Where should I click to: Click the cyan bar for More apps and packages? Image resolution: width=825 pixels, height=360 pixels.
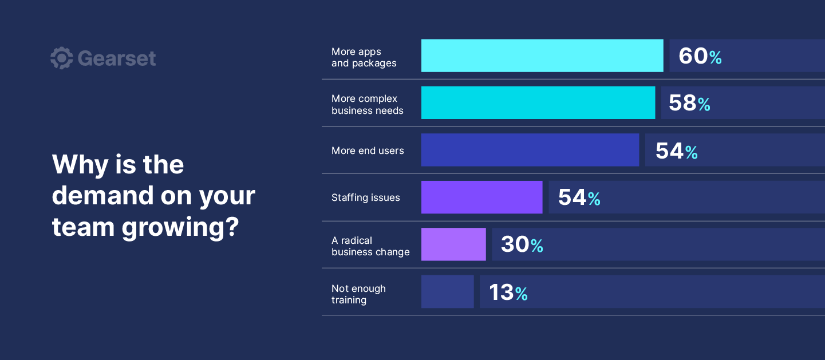coord(542,56)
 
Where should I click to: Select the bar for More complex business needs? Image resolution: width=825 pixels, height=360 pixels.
coord(538,103)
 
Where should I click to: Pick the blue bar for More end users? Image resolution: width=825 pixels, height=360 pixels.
coord(530,150)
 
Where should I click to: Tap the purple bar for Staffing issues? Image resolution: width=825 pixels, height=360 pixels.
coord(481,197)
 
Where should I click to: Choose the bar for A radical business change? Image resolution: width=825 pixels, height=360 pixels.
coord(453,244)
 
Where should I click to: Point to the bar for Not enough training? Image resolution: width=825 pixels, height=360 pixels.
coord(447,292)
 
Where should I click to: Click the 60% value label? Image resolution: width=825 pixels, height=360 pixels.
coord(700,56)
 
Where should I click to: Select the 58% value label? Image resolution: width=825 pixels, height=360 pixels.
coord(689,104)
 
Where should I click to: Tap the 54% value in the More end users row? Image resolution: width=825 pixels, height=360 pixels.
coord(676,151)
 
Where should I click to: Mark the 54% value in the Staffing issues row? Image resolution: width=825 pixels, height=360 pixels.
coord(579,198)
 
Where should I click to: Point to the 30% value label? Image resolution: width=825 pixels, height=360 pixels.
coord(522,245)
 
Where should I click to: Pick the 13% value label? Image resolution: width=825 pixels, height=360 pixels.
coord(508,292)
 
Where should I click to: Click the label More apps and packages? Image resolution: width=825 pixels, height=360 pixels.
coord(364,57)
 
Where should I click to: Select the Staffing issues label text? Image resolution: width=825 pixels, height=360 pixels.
coord(366,197)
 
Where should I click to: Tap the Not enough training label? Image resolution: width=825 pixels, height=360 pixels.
coord(358,294)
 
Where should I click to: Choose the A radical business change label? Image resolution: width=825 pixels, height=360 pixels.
coord(370,246)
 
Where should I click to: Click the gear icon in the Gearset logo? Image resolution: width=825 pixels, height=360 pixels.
coord(61,58)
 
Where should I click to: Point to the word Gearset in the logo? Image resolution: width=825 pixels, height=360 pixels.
coord(117,58)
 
